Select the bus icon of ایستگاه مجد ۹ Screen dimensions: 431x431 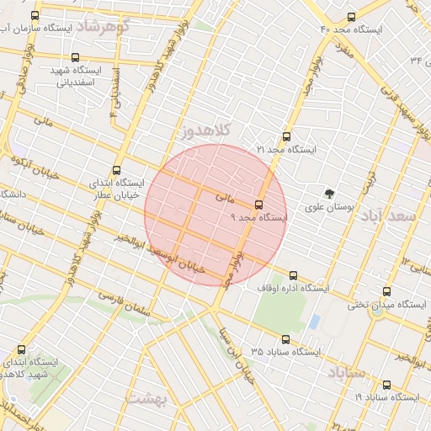258,204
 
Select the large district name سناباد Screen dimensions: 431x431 345,371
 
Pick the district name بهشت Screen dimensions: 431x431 148,396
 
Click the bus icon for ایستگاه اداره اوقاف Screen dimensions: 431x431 294,275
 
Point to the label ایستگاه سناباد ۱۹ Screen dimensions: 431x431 386,396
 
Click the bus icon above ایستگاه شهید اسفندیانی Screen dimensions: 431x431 76,58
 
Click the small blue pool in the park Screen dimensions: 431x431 314,322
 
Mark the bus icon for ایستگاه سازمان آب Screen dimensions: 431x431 35,16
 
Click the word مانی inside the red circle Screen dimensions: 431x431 223,198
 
